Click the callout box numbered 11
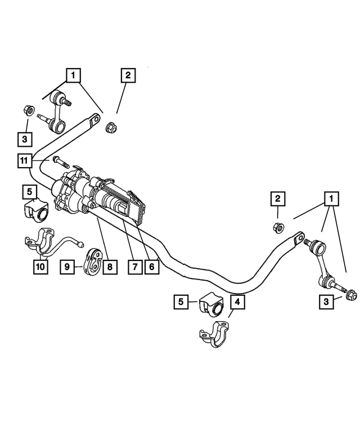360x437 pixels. pyautogui.click(x=24, y=161)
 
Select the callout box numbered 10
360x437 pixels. pyautogui.click(x=39, y=267)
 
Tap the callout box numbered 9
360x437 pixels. pyautogui.click(x=67, y=267)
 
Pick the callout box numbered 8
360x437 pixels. pyautogui.click(x=110, y=267)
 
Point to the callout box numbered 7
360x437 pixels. pyautogui.click(x=134, y=267)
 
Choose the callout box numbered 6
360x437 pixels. pyautogui.click(x=151, y=267)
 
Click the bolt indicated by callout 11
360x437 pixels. pyautogui.click(x=60, y=163)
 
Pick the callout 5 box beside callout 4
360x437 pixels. pyautogui.click(x=181, y=302)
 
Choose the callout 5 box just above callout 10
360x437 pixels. pyautogui.click(x=29, y=192)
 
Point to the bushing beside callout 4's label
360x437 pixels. pyautogui.click(x=210, y=305)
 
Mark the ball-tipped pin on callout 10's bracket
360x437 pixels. pyautogui.click(x=82, y=245)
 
